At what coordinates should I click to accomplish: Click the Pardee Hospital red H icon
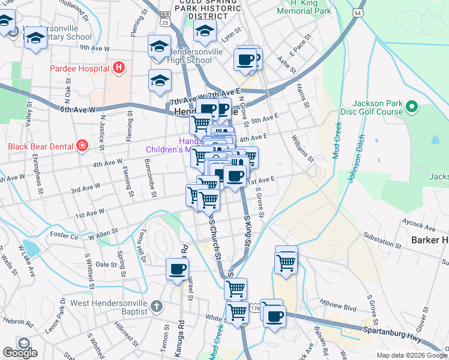click(119, 68)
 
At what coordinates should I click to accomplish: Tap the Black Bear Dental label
click(39, 146)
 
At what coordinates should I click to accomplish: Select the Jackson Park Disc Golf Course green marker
click(411, 107)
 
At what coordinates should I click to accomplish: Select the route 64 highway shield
click(358, 13)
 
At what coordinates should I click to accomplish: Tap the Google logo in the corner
click(20, 353)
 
